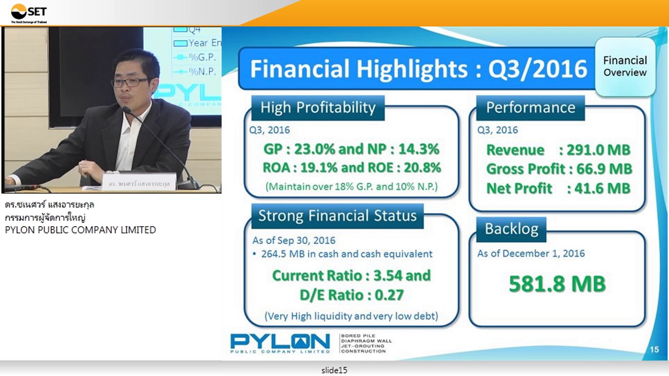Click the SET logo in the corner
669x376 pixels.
(x=29, y=13)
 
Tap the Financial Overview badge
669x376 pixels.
(x=625, y=66)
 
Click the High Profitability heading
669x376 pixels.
(x=318, y=108)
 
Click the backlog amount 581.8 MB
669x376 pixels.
(x=557, y=284)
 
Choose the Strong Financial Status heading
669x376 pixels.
(x=337, y=216)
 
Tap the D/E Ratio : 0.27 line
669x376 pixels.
(x=351, y=295)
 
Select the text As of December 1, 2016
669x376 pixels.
(x=530, y=253)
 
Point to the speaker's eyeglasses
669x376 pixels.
(x=129, y=82)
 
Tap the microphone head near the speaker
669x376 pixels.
(x=127, y=110)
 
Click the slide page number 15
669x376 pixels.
(x=654, y=349)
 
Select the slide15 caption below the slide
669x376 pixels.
(x=334, y=370)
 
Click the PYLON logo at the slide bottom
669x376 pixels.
(x=280, y=343)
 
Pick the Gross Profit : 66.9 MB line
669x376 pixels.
(x=559, y=169)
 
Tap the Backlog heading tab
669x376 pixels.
(x=511, y=229)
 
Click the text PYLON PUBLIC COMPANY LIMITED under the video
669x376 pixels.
(x=80, y=230)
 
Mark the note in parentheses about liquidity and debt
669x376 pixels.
(x=351, y=316)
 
